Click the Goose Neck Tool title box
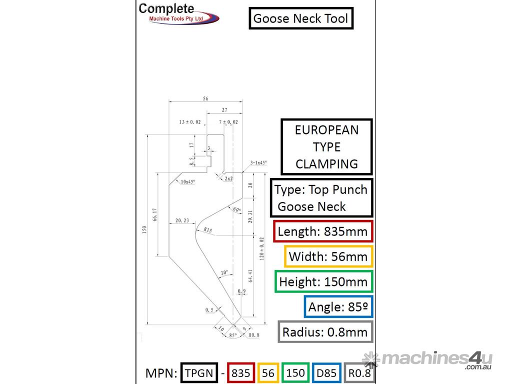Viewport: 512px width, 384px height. [301, 18]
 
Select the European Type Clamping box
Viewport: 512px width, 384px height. [326, 146]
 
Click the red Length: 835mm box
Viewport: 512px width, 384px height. [323, 231]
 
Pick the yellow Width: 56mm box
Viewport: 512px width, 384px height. [328, 256]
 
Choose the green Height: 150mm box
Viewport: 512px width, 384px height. [323, 281]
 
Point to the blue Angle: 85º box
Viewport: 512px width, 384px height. [338, 306]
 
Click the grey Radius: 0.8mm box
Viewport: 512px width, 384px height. [325, 332]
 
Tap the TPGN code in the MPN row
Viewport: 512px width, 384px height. [199, 373]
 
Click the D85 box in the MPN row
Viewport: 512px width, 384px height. [327, 373]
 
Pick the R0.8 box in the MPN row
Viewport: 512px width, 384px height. [360, 373]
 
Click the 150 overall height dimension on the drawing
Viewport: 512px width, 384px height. [144, 229]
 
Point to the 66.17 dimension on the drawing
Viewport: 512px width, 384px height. [155, 214]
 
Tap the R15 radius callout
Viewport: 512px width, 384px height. [208, 230]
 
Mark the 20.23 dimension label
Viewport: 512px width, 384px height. [182, 220]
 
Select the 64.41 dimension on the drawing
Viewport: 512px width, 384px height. [250, 276]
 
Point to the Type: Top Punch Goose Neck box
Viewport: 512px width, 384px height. [321, 198]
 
